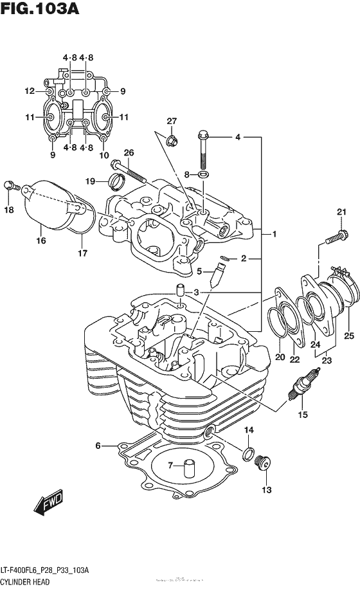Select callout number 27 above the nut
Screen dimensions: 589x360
click(x=172, y=122)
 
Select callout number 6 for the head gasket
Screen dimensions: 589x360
click(x=98, y=446)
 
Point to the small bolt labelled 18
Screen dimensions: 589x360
click(x=10, y=186)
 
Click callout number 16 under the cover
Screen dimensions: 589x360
click(x=41, y=241)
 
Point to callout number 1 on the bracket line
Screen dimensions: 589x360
click(x=274, y=235)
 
